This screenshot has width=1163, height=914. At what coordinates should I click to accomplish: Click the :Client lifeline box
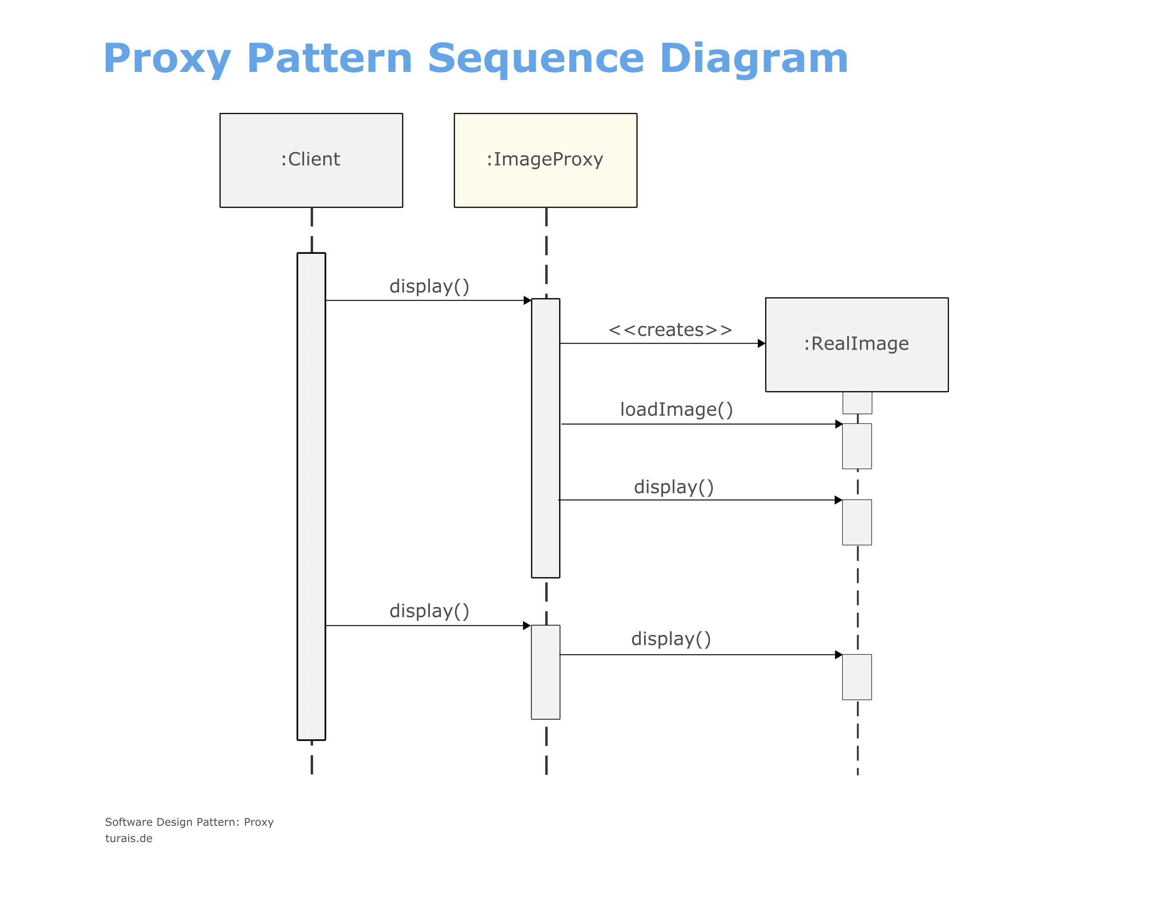click(x=311, y=160)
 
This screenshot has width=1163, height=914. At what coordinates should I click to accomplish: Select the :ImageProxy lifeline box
click(x=546, y=160)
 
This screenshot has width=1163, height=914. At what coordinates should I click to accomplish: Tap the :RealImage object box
click(x=856, y=345)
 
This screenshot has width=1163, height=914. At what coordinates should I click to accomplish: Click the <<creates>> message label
click(x=670, y=330)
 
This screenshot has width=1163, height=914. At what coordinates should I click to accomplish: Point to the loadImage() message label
click(x=677, y=410)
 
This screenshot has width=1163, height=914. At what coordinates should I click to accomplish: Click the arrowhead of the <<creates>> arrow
click(x=761, y=344)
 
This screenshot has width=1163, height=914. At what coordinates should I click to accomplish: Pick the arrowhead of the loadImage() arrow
click(x=839, y=424)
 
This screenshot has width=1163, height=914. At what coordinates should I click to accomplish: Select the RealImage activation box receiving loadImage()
click(x=857, y=446)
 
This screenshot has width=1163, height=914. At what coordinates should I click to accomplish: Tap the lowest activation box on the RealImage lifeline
click(x=857, y=677)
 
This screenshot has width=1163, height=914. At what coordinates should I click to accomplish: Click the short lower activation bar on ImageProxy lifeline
click(x=546, y=672)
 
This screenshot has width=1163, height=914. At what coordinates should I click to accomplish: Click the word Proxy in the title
click(x=168, y=58)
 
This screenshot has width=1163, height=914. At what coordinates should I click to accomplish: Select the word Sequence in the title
click(x=536, y=59)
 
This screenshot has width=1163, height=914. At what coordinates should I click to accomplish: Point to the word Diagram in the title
click(x=754, y=59)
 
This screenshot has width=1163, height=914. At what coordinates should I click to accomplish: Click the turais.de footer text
click(x=128, y=839)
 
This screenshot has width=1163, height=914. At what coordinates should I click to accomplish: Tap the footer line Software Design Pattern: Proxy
click(x=189, y=822)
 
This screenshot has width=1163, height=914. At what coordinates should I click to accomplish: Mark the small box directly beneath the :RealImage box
click(x=857, y=403)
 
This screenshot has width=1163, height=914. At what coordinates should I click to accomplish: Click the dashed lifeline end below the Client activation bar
click(x=312, y=758)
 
